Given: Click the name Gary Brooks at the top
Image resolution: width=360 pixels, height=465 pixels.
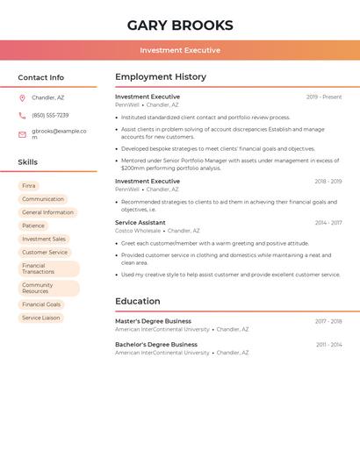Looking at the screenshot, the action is click(x=180, y=25).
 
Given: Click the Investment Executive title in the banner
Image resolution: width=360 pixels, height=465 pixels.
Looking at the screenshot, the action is click(x=180, y=50).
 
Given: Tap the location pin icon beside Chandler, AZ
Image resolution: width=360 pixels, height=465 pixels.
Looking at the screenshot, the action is click(x=22, y=97).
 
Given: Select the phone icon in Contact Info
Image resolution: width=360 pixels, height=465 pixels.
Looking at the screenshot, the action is click(x=22, y=115).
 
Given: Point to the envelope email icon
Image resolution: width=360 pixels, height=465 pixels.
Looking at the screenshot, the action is click(x=22, y=133).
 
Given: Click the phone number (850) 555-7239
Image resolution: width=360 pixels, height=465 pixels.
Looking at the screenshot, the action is click(x=50, y=115).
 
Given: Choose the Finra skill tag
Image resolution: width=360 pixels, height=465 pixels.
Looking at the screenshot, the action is click(x=29, y=186).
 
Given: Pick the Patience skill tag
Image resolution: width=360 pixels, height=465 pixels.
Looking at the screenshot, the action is click(x=33, y=225).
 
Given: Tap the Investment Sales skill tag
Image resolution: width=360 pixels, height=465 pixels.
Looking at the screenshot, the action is click(x=44, y=239).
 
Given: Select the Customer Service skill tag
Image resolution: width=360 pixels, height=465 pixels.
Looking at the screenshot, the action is click(x=45, y=252).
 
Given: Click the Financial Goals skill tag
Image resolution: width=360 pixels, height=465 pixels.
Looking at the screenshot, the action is click(x=41, y=304).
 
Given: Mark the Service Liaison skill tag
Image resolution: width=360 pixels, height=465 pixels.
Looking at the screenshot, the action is click(x=41, y=318).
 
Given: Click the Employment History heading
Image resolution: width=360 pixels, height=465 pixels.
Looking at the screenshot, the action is click(x=160, y=77).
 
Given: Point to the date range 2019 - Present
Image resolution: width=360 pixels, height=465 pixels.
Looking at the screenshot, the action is click(x=324, y=97).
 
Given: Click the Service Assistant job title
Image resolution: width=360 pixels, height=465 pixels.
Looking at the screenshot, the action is click(x=140, y=223).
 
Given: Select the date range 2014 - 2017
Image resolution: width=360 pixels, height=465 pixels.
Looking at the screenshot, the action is click(x=328, y=223).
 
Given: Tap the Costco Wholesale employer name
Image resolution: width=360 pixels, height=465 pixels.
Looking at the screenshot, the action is click(x=138, y=231).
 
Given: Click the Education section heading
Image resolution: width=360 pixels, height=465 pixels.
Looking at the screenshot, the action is click(x=137, y=302).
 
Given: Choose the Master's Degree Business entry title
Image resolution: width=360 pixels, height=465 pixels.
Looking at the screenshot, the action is click(x=153, y=321).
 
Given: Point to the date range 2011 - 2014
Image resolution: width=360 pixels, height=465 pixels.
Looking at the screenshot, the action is click(x=328, y=345).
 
